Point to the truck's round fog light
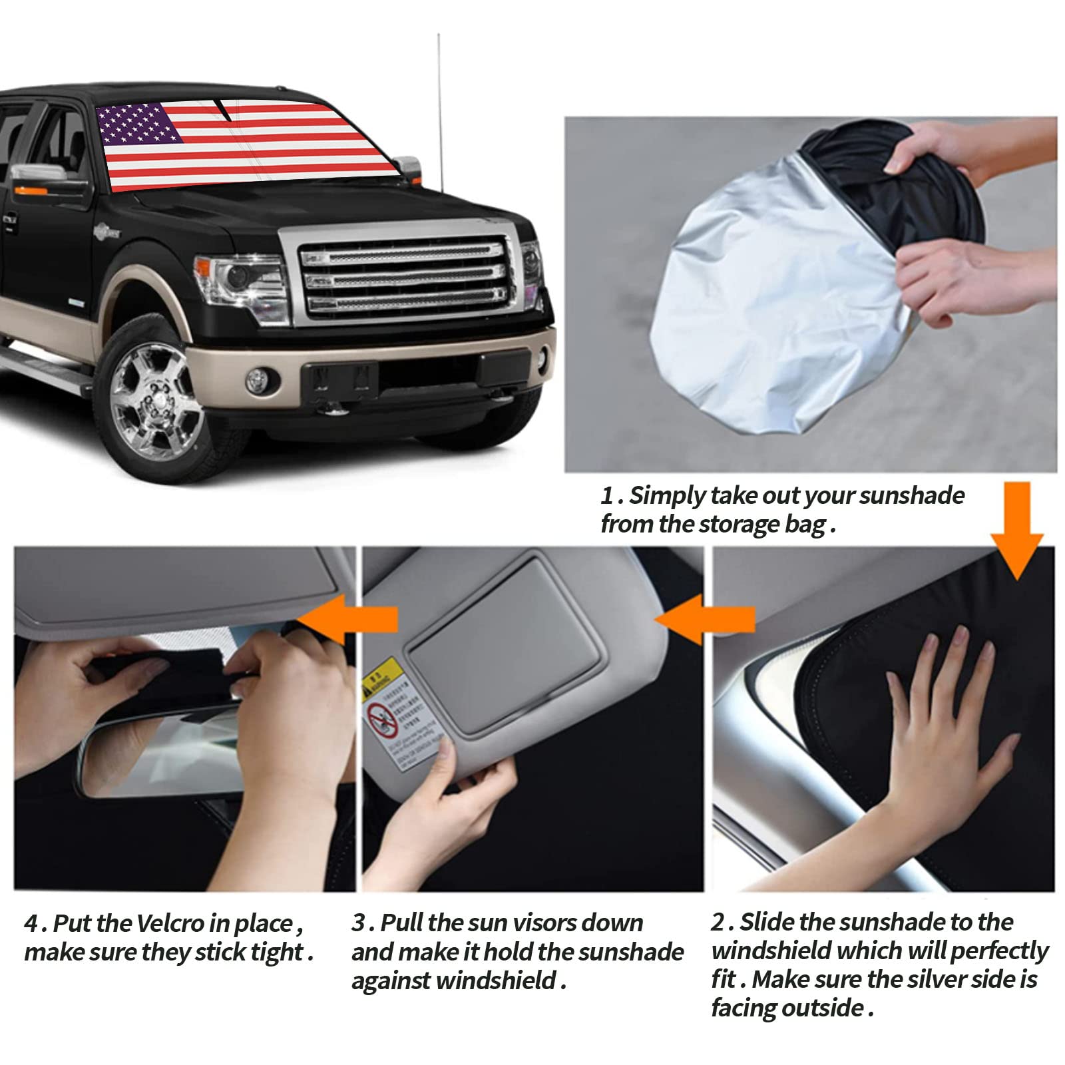[x=256, y=381]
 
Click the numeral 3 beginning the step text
[x=359, y=923]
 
